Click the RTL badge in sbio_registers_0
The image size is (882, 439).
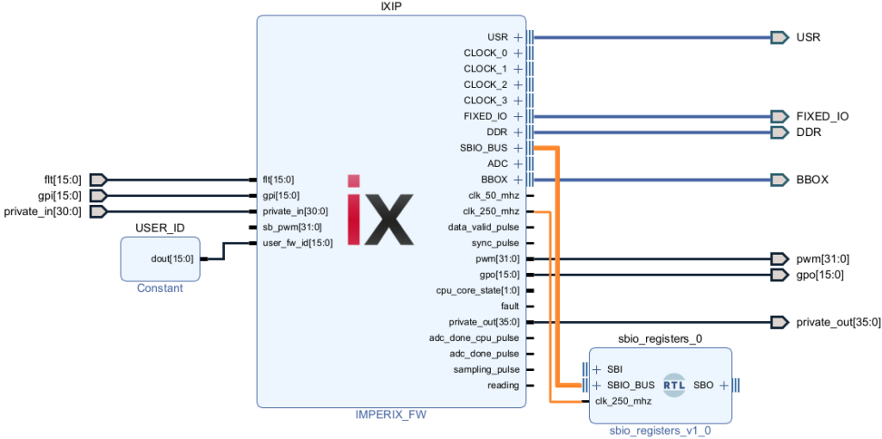[674, 385]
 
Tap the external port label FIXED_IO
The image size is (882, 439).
[822, 116]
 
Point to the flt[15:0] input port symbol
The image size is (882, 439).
[98, 180]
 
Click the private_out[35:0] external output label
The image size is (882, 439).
[838, 322]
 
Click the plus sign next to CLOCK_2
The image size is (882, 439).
[519, 84]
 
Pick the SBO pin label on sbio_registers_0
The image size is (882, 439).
[703, 385]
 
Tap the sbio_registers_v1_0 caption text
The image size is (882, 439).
[661, 430]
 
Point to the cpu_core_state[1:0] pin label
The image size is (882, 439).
[478, 290]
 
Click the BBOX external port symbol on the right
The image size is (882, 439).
[780, 180]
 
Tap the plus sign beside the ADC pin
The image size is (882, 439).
[519, 164]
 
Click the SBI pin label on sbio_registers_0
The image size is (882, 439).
[614, 369]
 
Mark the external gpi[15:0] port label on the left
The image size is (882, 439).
[62, 195]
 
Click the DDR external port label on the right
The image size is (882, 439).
[808, 133]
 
